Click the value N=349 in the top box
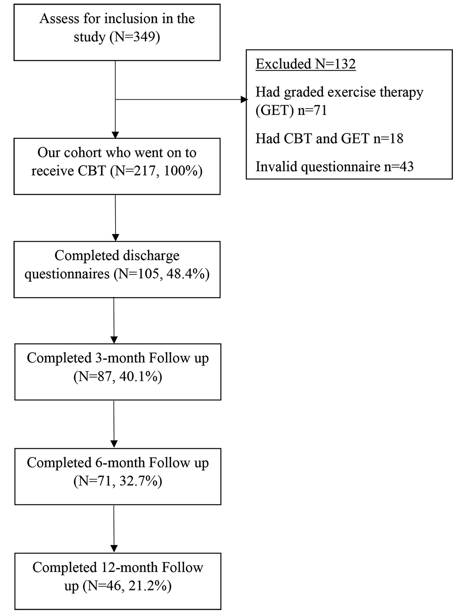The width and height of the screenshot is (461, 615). (x=135, y=37)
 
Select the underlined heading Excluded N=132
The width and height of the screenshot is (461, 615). (x=306, y=64)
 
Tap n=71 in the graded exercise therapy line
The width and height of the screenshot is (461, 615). (x=312, y=110)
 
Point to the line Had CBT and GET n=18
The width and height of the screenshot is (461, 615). (x=329, y=138)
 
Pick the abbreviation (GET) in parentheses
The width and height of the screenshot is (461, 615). (x=275, y=110)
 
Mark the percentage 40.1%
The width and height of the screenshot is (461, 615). (x=139, y=377)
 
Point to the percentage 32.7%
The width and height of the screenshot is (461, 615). (x=139, y=481)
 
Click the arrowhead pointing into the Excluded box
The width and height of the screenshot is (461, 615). (x=244, y=100)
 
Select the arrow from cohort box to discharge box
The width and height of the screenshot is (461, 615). (x=116, y=218)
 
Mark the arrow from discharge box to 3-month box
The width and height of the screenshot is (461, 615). (x=114, y=321)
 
